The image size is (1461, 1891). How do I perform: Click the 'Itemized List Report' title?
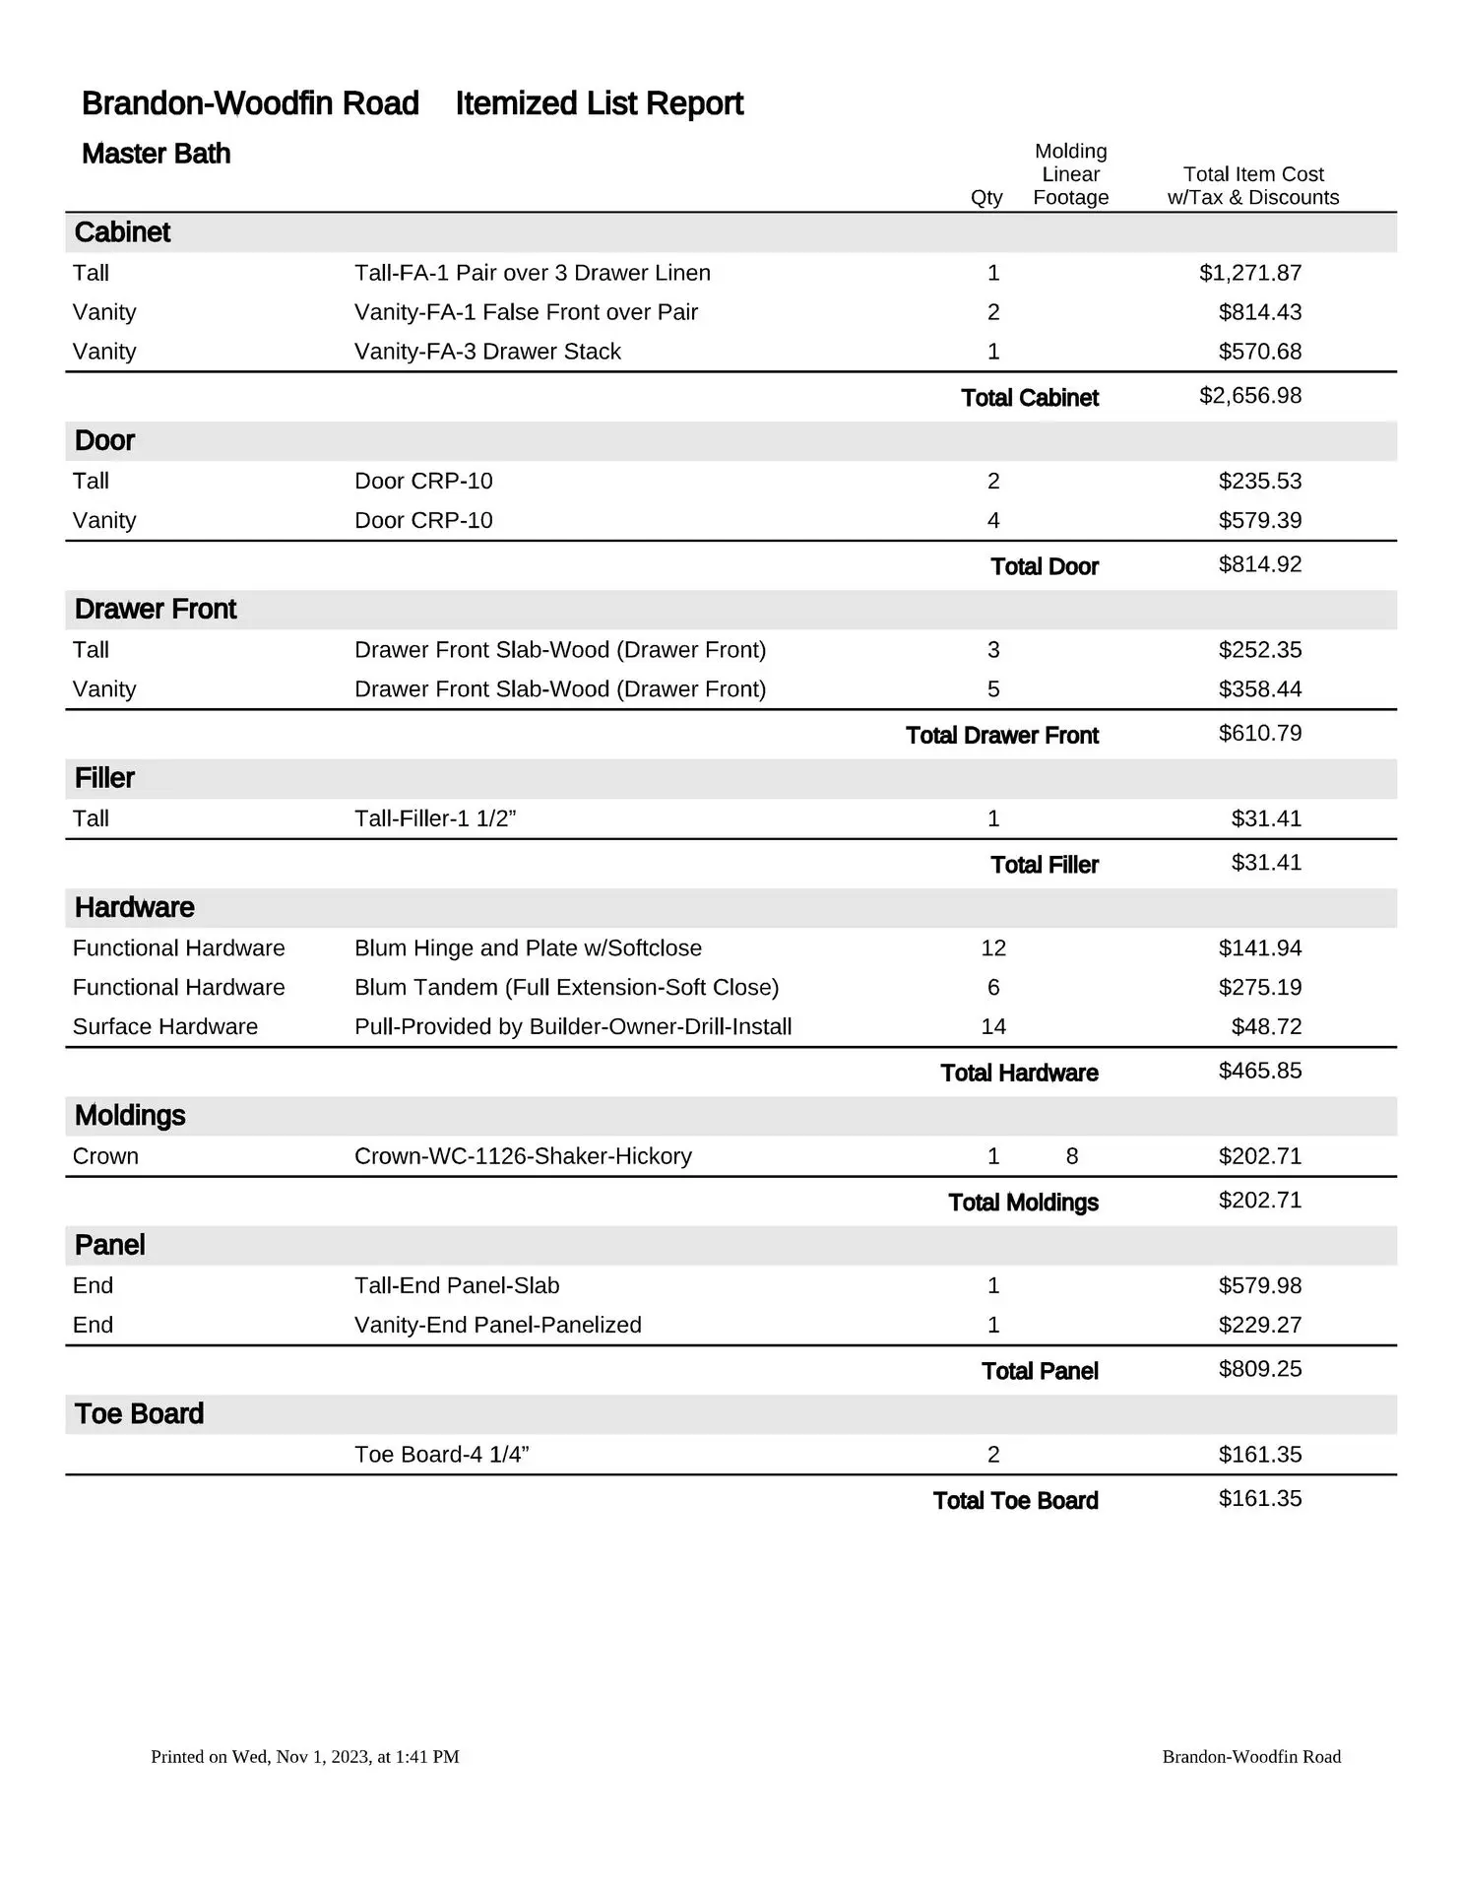(x=599, y=103)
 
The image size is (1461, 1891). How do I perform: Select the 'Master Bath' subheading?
(x=156, y=154)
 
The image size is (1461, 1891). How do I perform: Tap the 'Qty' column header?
(x=986, y=197)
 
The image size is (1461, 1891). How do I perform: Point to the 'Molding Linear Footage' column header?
(x=1070, y=174)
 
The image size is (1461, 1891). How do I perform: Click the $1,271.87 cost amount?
(x=1249, y=273)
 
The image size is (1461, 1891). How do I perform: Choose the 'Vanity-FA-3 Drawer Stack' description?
(x=487, y=352)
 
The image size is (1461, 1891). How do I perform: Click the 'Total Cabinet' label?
(x=1029, y=398)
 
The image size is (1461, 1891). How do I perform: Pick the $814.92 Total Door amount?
(x=1259, y=564)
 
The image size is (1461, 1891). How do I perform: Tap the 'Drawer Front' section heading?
(x=156, y=610)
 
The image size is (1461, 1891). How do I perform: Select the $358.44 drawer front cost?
(x=1259, y=689)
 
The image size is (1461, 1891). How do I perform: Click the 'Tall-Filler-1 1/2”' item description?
(x=435, y=818)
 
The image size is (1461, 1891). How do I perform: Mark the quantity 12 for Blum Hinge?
(x=993, y=948)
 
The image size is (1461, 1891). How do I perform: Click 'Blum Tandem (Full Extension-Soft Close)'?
(x=566, y=988)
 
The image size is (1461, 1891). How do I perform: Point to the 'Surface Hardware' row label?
(x=165, y=1027)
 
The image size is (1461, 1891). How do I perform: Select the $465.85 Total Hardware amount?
(x=1259, y=1071)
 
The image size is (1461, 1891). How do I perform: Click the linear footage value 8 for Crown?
(x=1072, y=1156)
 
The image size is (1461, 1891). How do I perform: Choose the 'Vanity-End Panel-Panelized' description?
(x=497, y=1326)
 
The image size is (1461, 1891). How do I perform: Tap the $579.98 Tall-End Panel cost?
(x=1259, y=1286)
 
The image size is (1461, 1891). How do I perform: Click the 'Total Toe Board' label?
(x=1015, y=1501)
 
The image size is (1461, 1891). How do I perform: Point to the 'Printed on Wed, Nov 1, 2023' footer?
(x=305, y=1757)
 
